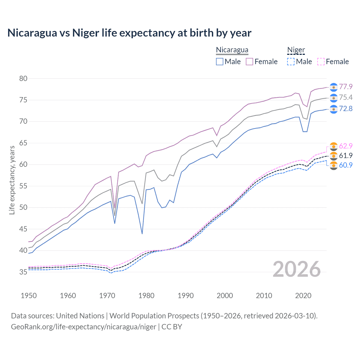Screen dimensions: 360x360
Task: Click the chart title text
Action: (x=129, y=33)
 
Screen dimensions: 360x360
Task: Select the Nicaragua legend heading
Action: (x=232, y=50)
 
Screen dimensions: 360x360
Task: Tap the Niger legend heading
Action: (x=296, y=50)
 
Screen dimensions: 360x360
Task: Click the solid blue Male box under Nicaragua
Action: (x=220, y=62)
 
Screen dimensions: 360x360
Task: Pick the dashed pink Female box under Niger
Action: (x=321, y=62)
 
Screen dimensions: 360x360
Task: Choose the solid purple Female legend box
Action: (x=249, y=62)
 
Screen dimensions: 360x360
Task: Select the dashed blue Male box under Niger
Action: (x=291, y=62)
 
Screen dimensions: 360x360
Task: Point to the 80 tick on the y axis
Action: (x=23, y=78)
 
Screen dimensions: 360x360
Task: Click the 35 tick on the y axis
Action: (x=23, y=272)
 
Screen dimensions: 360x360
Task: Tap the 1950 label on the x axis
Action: (x=29, y=296)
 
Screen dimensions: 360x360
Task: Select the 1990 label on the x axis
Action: (x=186, y=296)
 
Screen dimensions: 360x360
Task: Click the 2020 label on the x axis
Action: (x=303, y=296)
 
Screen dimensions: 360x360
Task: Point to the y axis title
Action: (x=12, y=180)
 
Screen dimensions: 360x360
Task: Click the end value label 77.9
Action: (x=346, y=87)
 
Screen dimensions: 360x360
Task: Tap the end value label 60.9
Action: (x=346, y=165)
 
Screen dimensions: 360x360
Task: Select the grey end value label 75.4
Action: (x=346, y=97)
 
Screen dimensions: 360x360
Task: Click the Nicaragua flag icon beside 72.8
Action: (x=334, y=109)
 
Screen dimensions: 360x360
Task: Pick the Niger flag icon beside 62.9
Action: (x=334, y=146)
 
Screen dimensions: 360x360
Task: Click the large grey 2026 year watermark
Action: (x=297, y=269)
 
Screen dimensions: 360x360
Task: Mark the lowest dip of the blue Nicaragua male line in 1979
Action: (x=142, y=234)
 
